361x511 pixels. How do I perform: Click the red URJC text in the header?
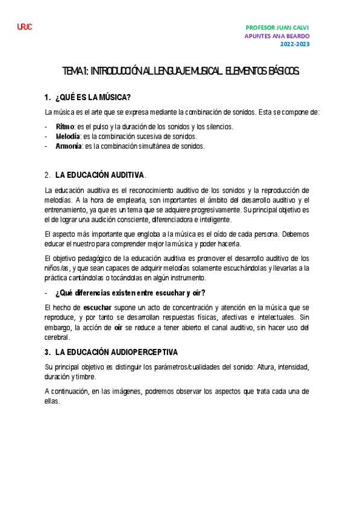25,28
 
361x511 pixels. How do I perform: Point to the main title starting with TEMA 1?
181,72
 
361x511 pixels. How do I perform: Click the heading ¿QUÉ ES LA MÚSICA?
93,98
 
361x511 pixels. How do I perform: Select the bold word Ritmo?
64,127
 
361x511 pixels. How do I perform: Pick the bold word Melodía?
67,136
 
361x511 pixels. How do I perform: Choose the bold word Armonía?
68,146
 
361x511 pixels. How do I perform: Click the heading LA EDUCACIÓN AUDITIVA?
100,175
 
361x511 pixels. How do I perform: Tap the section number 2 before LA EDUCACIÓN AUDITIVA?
47,175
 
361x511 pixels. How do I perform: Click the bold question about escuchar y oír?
130,293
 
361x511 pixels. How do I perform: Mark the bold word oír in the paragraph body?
119,328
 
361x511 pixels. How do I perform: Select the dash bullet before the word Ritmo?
46,127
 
